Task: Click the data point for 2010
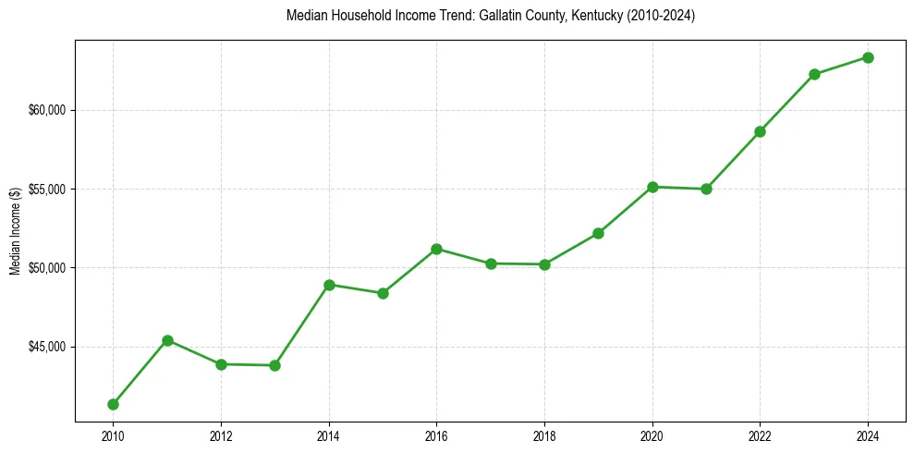click(113, 404)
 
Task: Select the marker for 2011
click(167, 340)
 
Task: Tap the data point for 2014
click(329, 285)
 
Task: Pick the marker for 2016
click(436, 249)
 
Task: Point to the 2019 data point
click(598, 233)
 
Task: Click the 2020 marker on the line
click(652, 187)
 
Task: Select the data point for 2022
click(760, 131)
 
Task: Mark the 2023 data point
click(814, 74)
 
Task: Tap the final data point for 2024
click(868, 57)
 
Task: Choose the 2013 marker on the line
click(274, 365)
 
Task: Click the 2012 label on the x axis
click(221, 436)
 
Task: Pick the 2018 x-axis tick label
click(544, 436)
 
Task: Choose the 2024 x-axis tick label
click(868, 436)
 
